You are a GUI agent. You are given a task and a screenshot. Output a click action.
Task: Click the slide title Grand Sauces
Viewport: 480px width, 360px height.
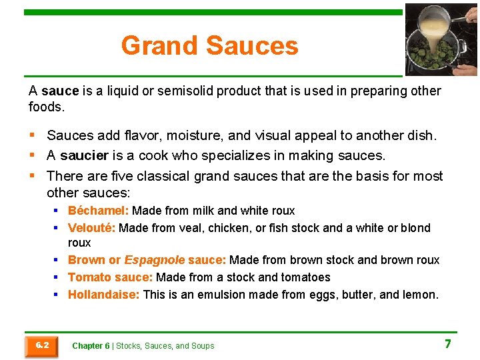coord(209,46)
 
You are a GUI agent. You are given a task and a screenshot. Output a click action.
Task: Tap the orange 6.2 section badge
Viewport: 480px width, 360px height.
coord(41,345)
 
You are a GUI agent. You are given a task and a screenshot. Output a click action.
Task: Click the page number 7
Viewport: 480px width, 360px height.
coord(448,344)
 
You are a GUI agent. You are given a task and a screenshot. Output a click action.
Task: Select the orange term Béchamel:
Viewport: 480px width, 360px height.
coord(99,211)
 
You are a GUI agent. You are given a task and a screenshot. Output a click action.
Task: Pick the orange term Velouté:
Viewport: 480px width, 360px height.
coord(92,228)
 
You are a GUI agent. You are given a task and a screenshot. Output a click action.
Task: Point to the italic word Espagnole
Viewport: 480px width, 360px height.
coord(155,260)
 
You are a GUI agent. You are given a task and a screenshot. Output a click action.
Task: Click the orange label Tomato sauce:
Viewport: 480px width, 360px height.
coord(111,277)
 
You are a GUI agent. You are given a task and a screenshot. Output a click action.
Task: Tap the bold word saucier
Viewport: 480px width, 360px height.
coord(84,156)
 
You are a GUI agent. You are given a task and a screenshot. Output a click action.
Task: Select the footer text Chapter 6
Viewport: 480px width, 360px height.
coord(91,346)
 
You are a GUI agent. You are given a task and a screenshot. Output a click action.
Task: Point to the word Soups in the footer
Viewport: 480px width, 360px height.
coord(202,346)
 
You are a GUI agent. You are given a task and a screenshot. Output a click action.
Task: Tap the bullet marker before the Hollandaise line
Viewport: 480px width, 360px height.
coord(57,295)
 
